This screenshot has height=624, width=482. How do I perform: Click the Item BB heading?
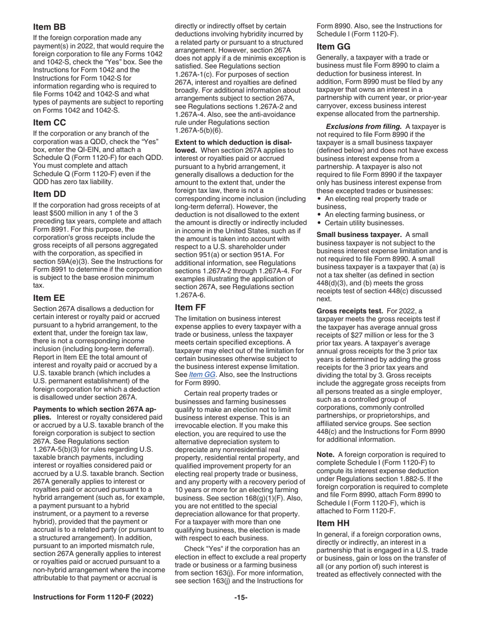pos(49,27)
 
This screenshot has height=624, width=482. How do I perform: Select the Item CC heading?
pos(50,122)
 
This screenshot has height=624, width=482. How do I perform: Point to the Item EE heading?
pos(49,297)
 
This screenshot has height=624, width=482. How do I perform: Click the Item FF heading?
pos(190,307)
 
